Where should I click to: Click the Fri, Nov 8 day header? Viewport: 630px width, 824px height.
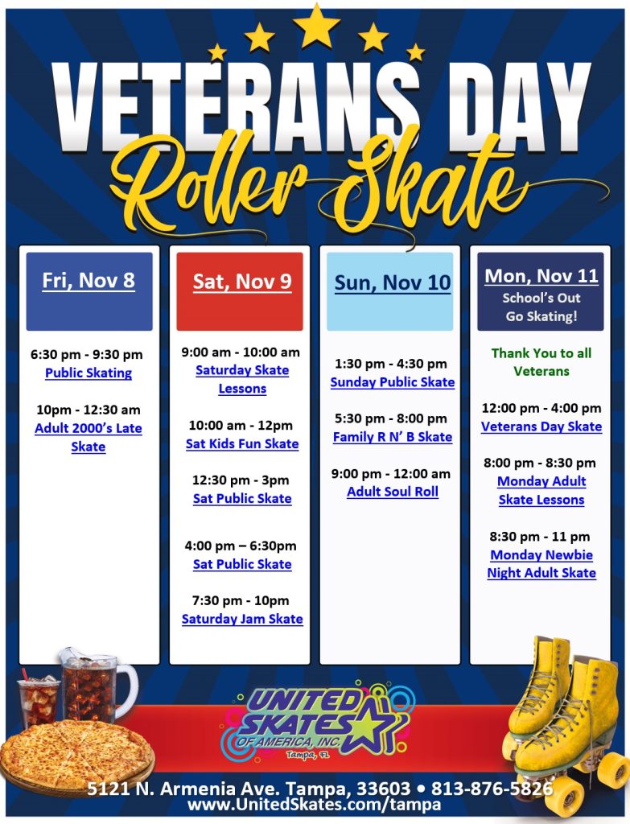point(89,281)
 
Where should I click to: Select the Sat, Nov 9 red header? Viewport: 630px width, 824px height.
point(241,282)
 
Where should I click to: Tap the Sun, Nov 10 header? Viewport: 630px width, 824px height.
point(393,282)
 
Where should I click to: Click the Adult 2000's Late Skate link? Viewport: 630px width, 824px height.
point(89,437)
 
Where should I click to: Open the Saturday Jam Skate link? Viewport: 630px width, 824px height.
point(242,619)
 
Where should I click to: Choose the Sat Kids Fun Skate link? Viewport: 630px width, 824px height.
point(242,443)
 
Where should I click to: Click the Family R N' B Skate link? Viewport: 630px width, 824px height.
point(393,437)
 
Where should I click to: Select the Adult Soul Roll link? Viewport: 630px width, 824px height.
point(393,492)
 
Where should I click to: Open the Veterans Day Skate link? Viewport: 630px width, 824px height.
point(541,426)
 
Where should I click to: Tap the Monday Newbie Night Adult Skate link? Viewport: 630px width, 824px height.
point(541,564)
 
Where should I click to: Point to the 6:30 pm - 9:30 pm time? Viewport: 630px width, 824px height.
point(87,354)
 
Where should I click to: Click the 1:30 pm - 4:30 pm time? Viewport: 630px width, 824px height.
point(391,364)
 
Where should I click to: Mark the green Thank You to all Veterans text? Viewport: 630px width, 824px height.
point(541,362)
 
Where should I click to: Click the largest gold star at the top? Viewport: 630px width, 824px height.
point(316,26)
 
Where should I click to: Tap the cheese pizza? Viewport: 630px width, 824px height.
point(76,752)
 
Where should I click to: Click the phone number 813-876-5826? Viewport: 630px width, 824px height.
point(492,789)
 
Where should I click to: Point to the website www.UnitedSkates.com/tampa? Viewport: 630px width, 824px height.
point(315,805)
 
